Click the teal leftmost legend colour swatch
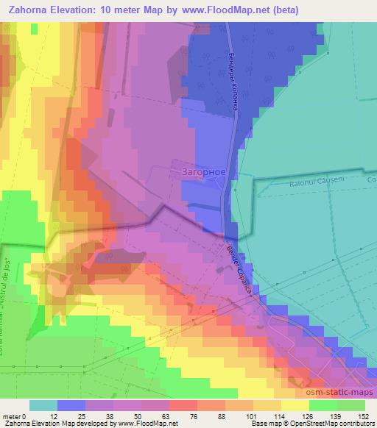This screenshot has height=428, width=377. (43, 405)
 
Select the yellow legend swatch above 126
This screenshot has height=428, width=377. (295, 405)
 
